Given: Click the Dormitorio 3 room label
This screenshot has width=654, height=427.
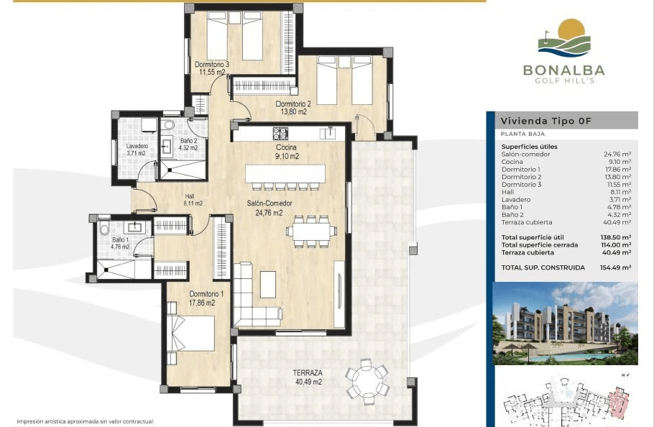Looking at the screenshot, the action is [212, 68].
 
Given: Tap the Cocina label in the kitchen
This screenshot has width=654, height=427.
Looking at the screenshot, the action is [286, 147].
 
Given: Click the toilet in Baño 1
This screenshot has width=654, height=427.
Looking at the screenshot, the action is [104, 228].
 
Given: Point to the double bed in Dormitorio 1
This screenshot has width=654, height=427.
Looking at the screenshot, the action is [191, 334].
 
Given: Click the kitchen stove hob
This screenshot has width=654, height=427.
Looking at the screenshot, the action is [280, 134].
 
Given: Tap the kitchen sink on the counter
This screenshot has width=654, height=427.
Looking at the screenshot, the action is [328, 133].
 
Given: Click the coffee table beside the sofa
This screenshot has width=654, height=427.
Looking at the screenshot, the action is [268, 285].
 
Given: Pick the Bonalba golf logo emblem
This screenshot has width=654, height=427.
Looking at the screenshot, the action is [564, 38].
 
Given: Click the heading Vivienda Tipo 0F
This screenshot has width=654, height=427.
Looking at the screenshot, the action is [546, 121].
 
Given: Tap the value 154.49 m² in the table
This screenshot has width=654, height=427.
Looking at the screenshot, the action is [615, 267].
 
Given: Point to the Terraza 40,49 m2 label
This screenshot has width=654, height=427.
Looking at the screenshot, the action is [308, 377].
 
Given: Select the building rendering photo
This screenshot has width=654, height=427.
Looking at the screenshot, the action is [565, 323].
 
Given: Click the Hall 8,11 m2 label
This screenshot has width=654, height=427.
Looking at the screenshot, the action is [193, 200].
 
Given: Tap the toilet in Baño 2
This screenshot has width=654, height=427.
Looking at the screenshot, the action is [168, 125].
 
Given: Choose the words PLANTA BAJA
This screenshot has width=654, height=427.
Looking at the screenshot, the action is [522, 134].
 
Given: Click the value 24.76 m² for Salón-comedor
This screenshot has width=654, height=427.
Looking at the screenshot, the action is [617, 155].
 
